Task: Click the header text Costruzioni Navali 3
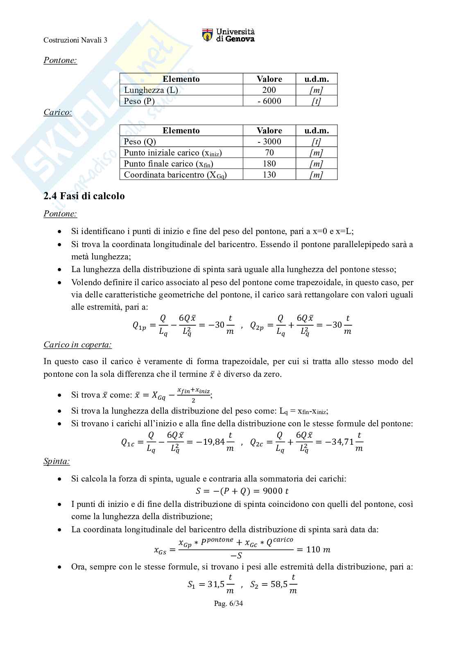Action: coord(75,40)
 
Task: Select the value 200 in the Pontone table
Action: coord(269,90)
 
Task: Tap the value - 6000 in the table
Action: coord(269,101)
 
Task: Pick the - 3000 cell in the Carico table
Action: coord(269,142)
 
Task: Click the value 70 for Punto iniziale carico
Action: coord(269,153)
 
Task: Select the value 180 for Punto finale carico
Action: coord(269,164)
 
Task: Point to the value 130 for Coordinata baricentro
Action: coord(269,175)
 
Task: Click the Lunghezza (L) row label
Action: coord(151,90)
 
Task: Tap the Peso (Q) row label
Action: coord(140,142)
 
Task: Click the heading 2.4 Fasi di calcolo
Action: coord(84,196)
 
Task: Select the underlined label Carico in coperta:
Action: coord(78,344)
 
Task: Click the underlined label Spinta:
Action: coord(57,461)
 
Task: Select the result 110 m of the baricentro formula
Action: coord(318,549)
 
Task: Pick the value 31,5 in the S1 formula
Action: coord(216,584)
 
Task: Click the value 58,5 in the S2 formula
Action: coord(279,584)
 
